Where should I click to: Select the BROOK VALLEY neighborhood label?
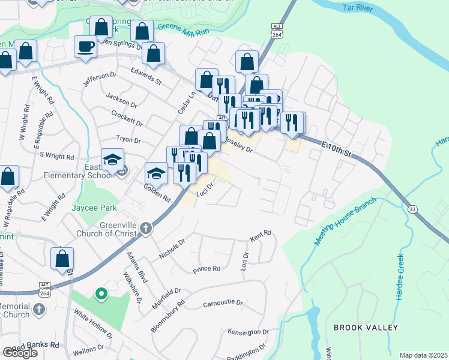click(366, 328)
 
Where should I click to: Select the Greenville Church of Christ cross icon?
click(146, 228)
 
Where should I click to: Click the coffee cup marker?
click(85, 46)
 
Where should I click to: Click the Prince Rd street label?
click(206, 269)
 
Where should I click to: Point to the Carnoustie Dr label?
click(223, 304)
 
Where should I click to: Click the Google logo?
click(20, 353)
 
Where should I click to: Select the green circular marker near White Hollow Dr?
click(101, 294)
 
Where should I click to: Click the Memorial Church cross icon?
click(38, 309)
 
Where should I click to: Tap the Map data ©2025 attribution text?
click(423, 355)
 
